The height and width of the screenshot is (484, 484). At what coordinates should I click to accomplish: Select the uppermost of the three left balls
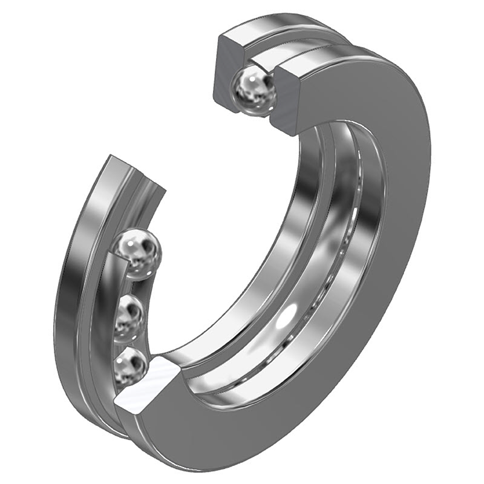tap(140, 252)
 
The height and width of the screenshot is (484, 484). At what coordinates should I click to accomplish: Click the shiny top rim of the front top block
tap(327, 57)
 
